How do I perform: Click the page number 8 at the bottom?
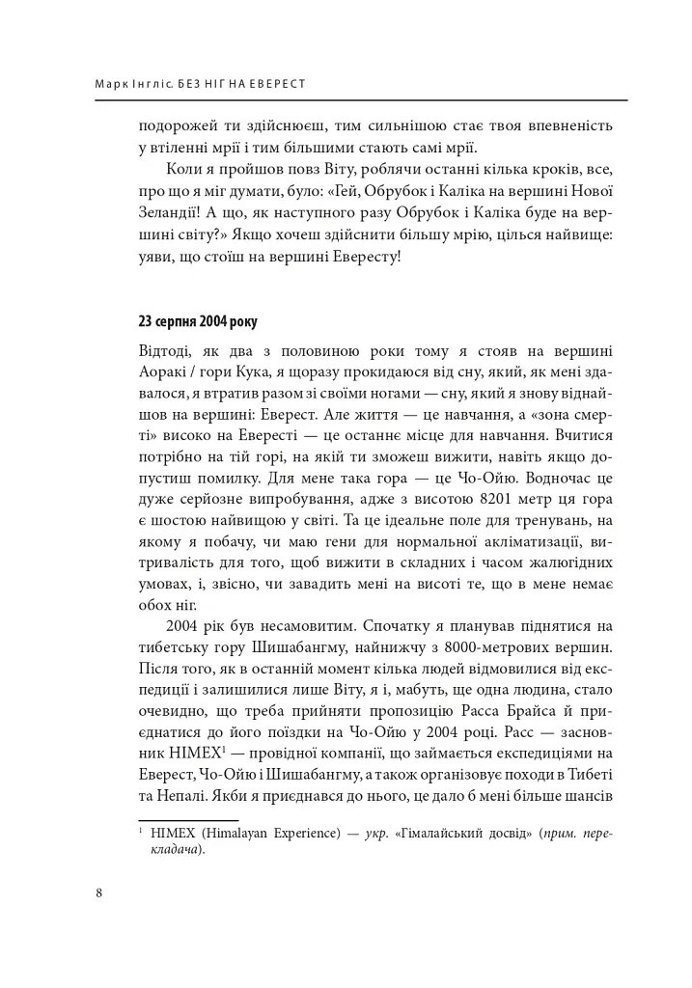pyautogui.click(x=99, y=892)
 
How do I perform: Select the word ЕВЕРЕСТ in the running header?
pyautogui.click(x=278, y=84)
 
